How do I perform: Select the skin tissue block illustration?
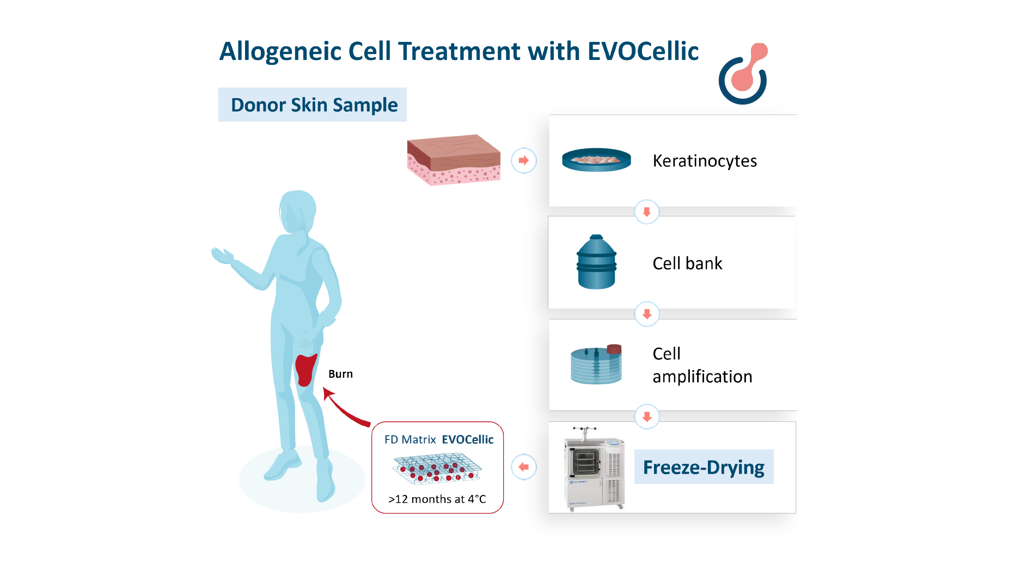[x=454, y=160]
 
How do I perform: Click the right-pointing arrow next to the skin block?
[x=524, y=160]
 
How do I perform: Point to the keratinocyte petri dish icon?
[x=596, y=160]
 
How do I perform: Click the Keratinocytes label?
[x=704, y=161]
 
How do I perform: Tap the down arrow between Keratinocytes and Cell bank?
[x=646, y=212]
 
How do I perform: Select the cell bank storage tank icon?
[x=596, y=262]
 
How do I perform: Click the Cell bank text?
[x=687, y=263]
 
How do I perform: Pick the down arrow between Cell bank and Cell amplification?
[x=646, y=314]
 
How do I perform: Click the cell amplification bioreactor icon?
[x=596, y=364]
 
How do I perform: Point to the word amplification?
[x=702, y=377]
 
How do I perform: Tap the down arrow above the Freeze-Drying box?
[x=646, y=417]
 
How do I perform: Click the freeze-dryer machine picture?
[x=595, y=469]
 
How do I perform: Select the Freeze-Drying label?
[x=704, y=467]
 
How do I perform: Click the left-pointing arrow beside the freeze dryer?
[x=524, y=467]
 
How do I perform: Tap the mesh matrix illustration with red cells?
[x=437, y=468]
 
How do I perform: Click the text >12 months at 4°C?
[x=437, y=499]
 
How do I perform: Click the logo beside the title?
[x=744, y=74]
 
